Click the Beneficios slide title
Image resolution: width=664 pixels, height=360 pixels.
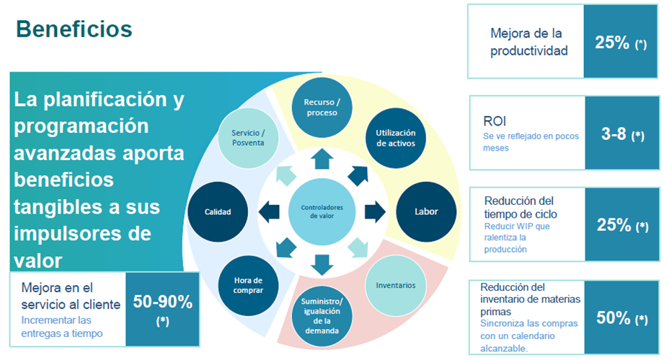(74, 30)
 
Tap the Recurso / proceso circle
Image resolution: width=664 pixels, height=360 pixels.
(322, 107)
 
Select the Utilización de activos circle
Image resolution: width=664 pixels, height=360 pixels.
(396, 138)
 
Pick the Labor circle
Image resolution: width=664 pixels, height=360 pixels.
(426, 212)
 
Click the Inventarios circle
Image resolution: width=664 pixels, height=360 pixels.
(396, 286)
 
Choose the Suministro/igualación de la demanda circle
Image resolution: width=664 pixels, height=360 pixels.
(322, 316)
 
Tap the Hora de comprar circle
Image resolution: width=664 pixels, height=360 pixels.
(248, 286)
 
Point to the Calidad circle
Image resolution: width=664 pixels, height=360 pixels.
(218, 212)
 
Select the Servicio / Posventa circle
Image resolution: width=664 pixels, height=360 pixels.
(248, 138)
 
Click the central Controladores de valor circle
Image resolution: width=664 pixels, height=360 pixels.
(322, 212)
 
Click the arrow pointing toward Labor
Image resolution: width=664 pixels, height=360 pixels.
(375, 212)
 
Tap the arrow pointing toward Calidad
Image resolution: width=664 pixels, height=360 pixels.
(268, 212)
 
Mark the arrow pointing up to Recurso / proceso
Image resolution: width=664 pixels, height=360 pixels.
(322, 159)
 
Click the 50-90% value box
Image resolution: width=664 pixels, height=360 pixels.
(163, 309)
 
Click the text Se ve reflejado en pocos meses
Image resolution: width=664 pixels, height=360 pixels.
(531, 142)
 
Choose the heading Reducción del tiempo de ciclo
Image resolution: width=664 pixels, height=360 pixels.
(521, 208)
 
